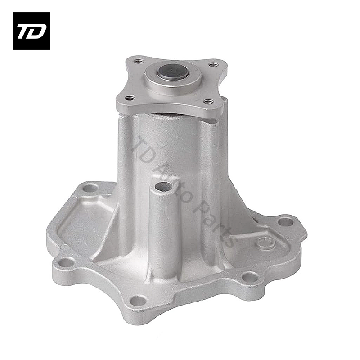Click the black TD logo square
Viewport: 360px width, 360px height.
(31, 31)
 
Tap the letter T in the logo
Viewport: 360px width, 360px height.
(24, 31)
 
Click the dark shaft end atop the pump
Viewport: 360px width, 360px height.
(173, 72)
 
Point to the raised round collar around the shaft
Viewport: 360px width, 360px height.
(173, 78)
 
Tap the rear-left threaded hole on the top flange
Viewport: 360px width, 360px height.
(139, 61)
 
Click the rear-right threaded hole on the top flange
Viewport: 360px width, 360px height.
(213, 65)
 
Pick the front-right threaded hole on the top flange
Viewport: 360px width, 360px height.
(208, 101)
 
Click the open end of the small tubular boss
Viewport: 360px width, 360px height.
(163, 187)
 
